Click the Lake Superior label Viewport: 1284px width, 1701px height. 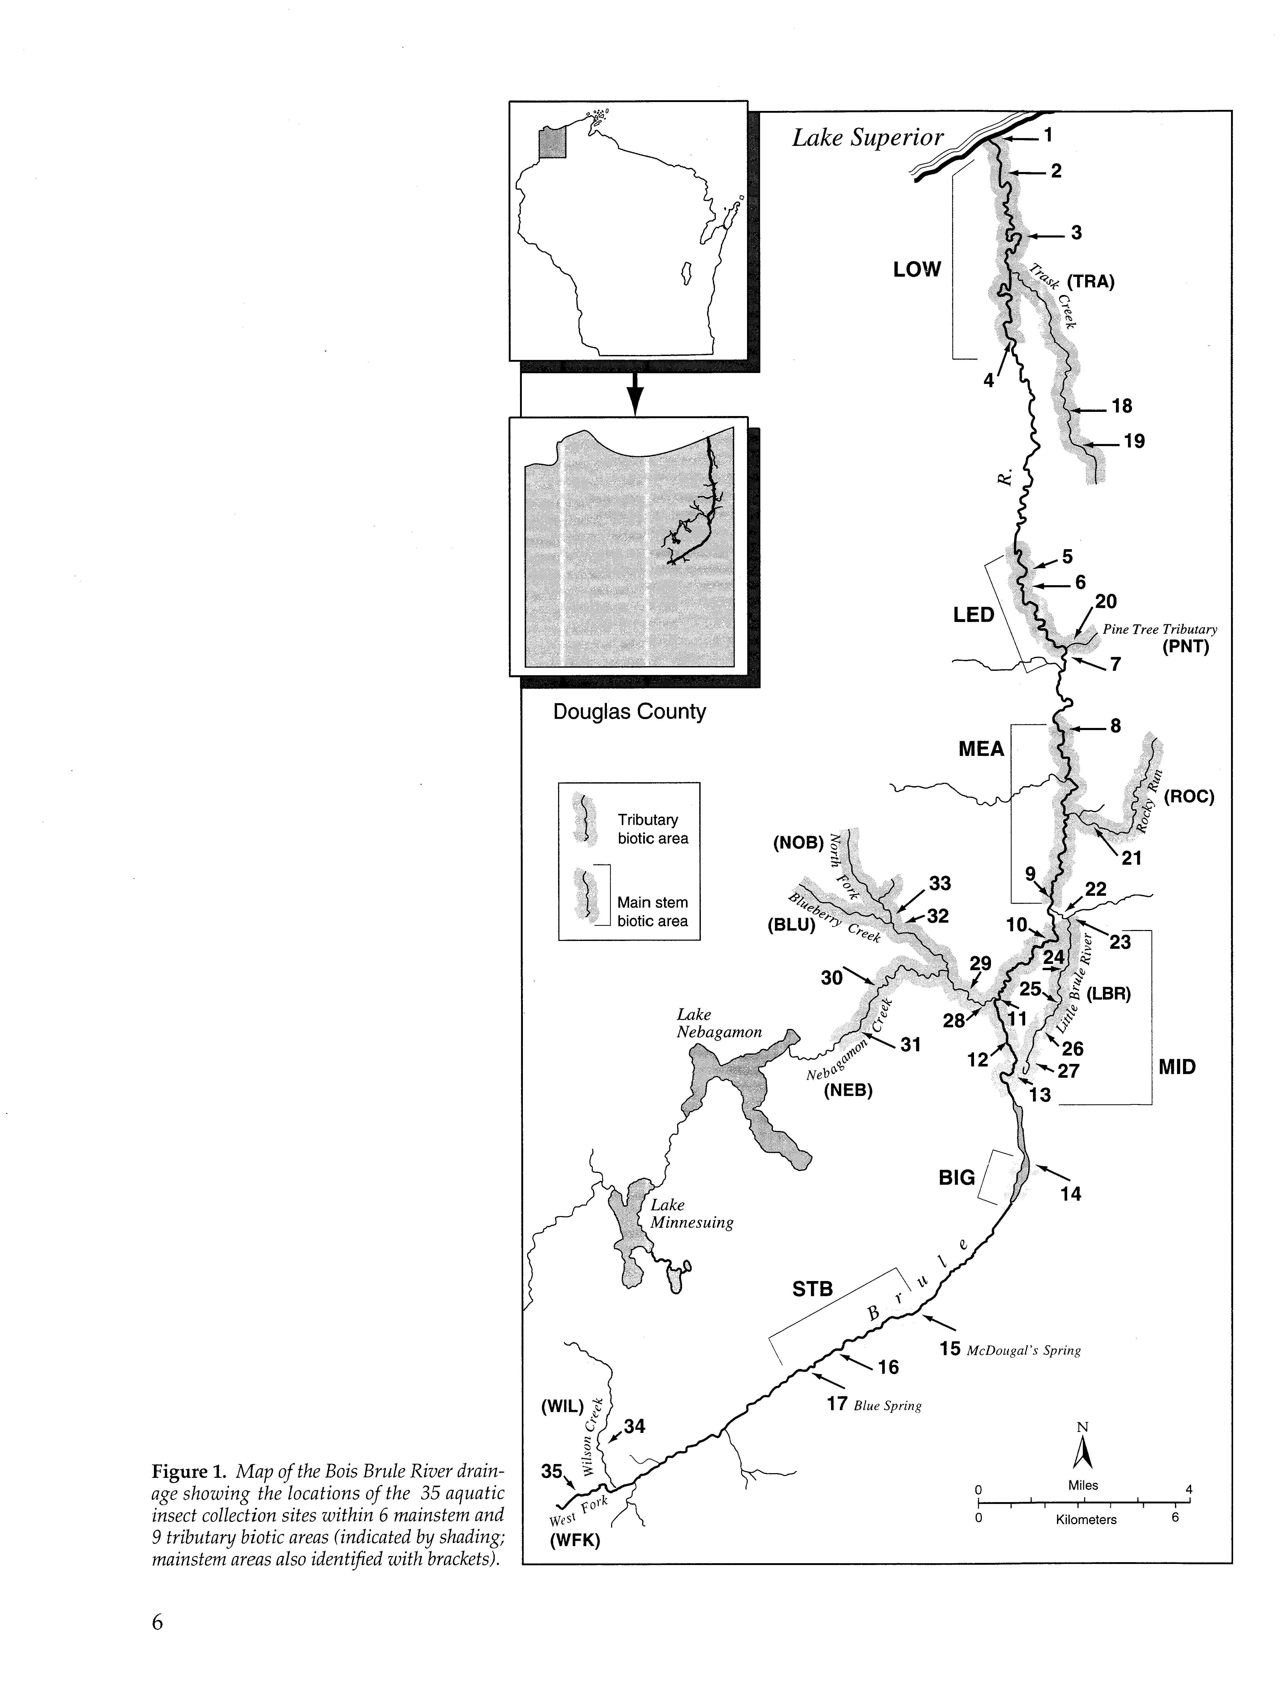click(x=867, y=138)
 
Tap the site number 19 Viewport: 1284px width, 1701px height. click(x=1134, y=441)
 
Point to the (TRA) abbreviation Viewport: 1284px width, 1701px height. click(x=1090, y=281)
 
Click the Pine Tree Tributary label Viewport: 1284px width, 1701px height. click(x=1160, y=629)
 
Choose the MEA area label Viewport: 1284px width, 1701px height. click(x=981, y=749)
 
